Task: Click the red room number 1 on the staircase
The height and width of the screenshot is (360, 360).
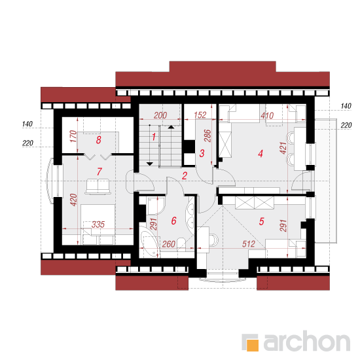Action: point(154,137)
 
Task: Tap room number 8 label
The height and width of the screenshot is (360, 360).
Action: point(98,139)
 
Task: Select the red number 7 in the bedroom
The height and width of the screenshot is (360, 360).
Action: point(99,171)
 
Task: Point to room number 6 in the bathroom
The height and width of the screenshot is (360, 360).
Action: point(174,221)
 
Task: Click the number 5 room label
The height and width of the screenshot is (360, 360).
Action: point(262,221)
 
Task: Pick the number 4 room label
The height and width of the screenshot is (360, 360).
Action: point(261,153)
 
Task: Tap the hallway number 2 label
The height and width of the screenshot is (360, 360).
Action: point(185,176)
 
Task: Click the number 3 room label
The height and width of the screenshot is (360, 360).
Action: point(202,153)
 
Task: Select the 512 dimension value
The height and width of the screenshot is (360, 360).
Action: point(249,244)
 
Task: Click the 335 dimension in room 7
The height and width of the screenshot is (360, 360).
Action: point(98,225)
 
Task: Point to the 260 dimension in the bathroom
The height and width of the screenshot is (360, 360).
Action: point(169,244)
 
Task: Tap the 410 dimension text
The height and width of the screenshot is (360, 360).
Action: point(267,115)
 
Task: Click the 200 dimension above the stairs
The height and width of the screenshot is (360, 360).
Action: point(160,115)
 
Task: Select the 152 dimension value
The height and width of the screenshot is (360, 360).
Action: point(200,115)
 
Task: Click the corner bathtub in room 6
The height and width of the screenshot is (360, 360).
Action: point(149,243)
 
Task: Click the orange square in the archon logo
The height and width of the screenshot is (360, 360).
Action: point(253,345)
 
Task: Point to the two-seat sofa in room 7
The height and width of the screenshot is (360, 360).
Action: point(98,187)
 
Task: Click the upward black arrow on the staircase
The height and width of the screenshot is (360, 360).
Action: point(171,127)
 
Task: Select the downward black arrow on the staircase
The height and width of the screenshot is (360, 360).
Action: point(150,164)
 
